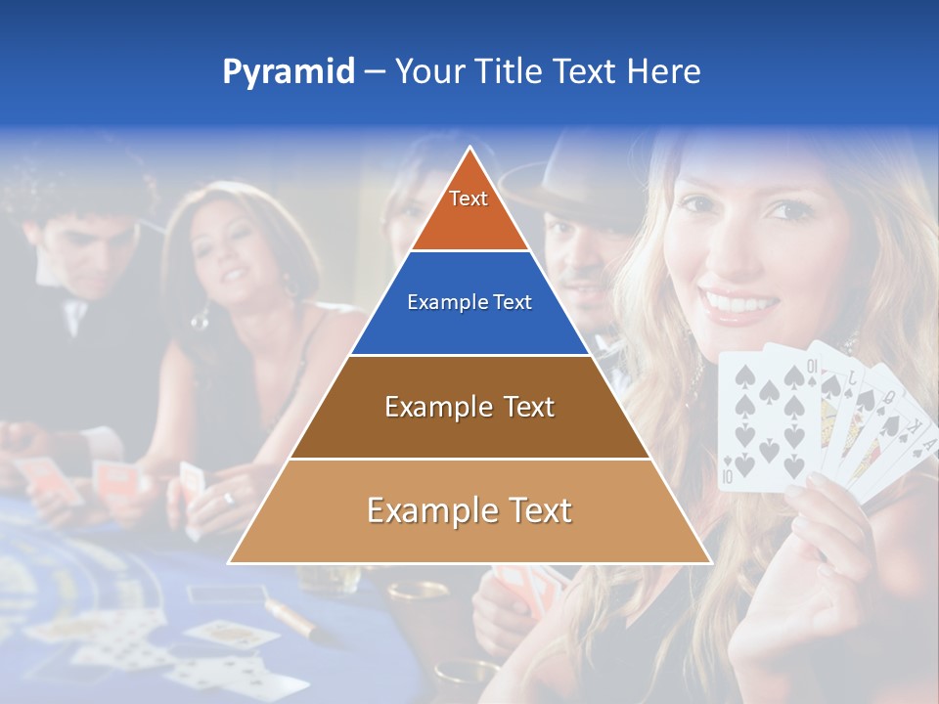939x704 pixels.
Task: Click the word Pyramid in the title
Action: (288, 71)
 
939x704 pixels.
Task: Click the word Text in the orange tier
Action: (469, 198)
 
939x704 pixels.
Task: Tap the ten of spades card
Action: (763, 420)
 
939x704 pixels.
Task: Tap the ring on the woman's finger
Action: (229, 499)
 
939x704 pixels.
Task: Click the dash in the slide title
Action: (375, 71)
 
